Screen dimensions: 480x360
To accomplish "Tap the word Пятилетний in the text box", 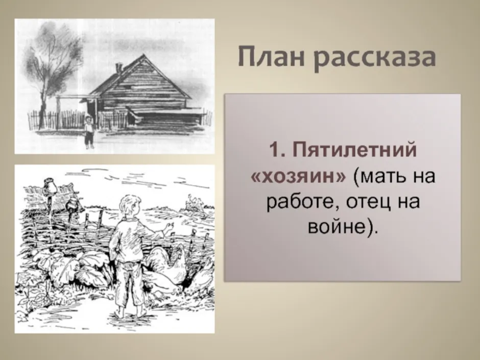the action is pos(355,151).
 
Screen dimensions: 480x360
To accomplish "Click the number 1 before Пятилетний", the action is pos(274,151).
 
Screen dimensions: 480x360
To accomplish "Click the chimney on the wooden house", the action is pos(119,68).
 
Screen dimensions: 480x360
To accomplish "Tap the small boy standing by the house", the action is pos(88,132).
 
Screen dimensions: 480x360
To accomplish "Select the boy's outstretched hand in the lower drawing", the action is pos(168,227).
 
